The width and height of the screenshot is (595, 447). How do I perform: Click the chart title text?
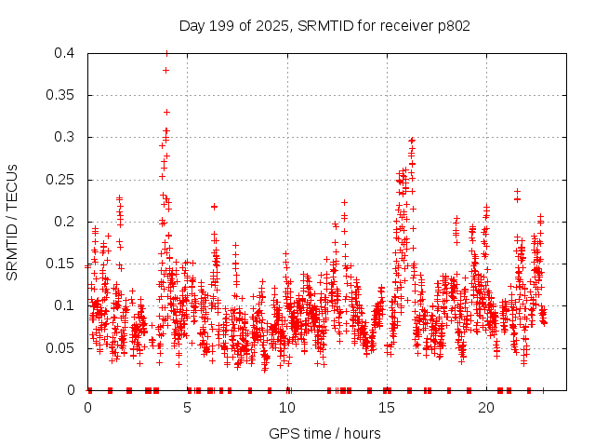click(324, 26)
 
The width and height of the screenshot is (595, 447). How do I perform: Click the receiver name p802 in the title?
click(453, 26)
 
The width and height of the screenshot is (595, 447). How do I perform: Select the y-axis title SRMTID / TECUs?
click(12, 222)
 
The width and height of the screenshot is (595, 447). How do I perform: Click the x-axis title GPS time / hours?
click(325, 433)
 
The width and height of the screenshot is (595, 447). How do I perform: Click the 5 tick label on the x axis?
click(188, 408)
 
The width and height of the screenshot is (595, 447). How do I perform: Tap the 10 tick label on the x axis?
click(287, 408)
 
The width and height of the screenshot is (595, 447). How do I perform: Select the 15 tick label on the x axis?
click(387, 408)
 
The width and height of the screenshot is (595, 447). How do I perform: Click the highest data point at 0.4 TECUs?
click(166, 53)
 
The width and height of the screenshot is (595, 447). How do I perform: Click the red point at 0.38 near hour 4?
click(165, 70)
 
